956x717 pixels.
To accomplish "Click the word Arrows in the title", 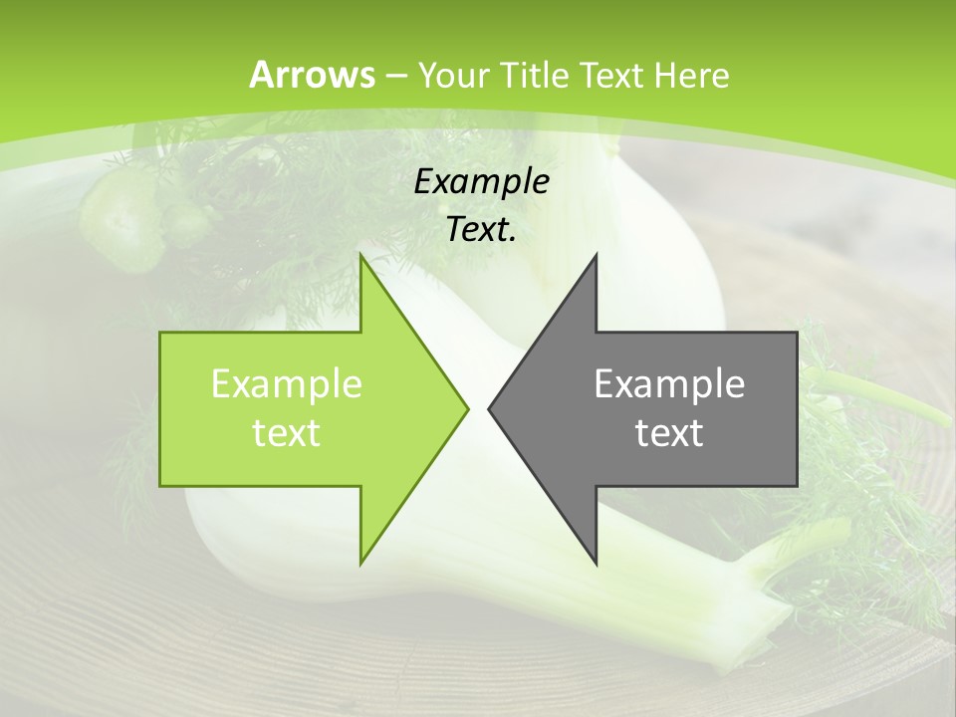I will click(312, 75).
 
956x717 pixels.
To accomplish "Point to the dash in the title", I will click(396, 77).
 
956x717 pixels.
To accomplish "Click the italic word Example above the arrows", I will click(481, 182).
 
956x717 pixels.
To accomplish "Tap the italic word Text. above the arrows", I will click(481, 230).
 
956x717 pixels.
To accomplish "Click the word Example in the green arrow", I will click(286, 383).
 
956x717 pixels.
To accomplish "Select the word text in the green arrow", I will click(286, 432).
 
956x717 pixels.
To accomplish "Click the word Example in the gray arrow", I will click(669, 383).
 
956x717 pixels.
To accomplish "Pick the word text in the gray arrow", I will click(669, 432).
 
